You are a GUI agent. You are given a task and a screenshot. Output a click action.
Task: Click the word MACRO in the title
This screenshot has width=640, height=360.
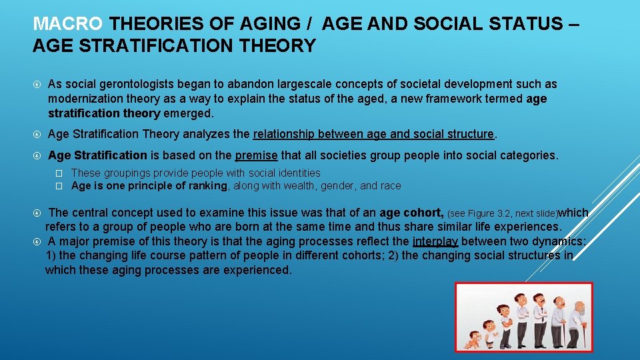click(x=68, y=25)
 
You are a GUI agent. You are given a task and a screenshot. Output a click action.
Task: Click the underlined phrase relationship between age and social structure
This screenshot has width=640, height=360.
click(x=373, y=134)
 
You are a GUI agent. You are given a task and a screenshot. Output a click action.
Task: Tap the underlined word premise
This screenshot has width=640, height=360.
click(x=257, y=155)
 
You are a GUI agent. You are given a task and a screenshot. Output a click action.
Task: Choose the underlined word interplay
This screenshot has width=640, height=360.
click(x=435, y=241)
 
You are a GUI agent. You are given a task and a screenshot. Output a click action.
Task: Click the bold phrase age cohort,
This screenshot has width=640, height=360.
click(x=411, y=213)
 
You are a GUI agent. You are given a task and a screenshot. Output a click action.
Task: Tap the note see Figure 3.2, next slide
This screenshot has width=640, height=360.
click(x=502, y=214)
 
